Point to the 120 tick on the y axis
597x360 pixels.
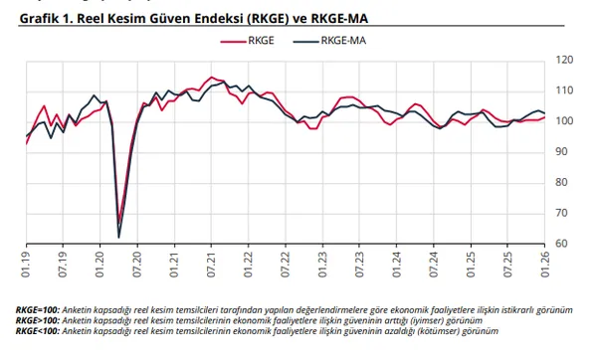pos(563,61)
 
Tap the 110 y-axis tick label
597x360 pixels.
pos(563,90)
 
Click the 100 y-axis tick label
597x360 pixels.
pos(563,121)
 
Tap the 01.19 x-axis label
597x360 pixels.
pos(27,264)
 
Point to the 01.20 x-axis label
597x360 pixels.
pos(99,264)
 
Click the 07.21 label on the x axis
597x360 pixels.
pos(210,264)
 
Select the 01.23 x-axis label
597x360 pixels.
pos(321,264)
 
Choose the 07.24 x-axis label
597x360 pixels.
pos(433,264)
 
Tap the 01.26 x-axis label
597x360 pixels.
pos(543,264)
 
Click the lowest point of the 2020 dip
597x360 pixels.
pos(119,237)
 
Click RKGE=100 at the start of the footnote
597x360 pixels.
pos(37,310)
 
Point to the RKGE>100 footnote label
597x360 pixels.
pos(37,320)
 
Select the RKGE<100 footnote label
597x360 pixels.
pos(37,330)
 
